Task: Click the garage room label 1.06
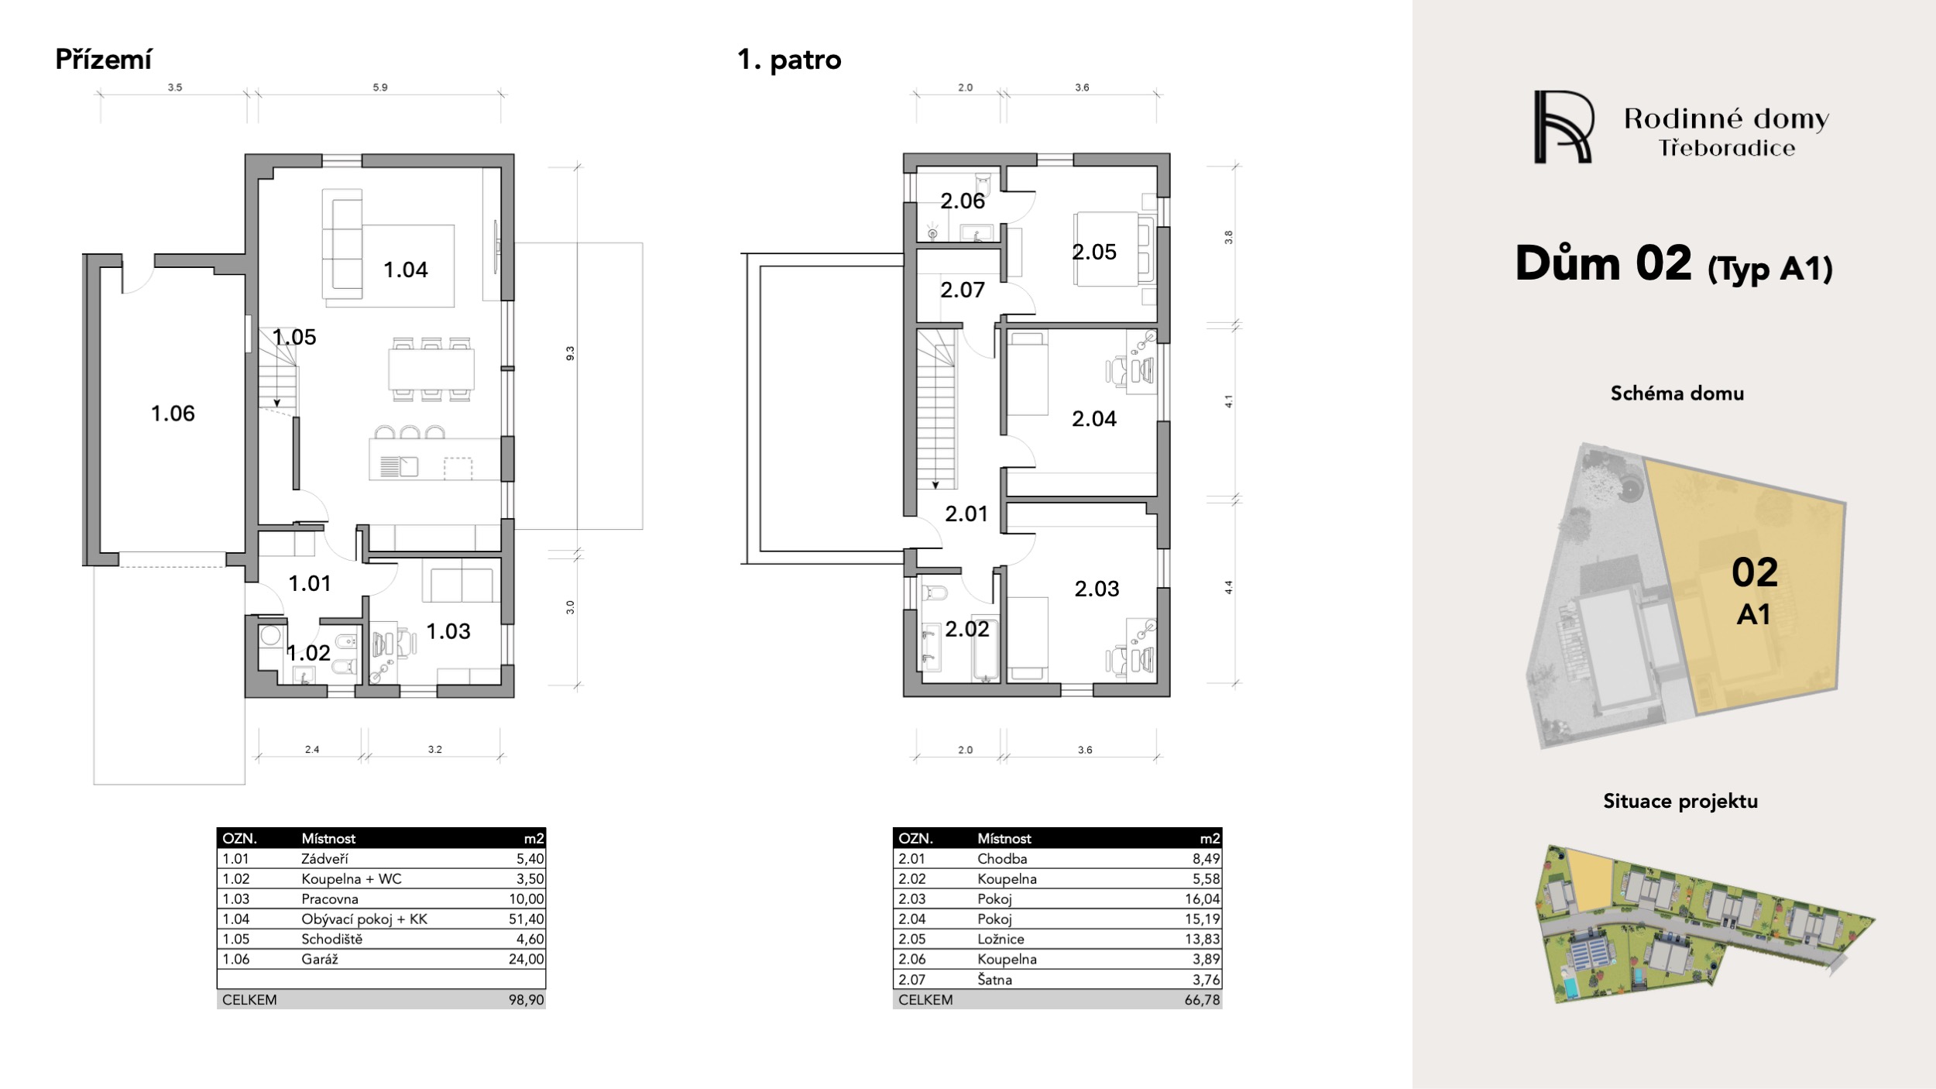click(x=173, y=414)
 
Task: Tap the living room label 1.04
click(x=406, y=270)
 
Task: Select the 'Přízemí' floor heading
click(x=104, y=60)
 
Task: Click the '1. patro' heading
click(x=789, y=60)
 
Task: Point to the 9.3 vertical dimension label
click(x=570, y=353)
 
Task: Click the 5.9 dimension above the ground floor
click(x=380, y=88)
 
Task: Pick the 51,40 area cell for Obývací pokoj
click(x=527, y=919)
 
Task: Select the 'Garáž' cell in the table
click(x=320, y=960)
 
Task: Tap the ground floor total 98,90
click(x=527, y=1000)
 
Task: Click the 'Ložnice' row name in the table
click(x=1001, y=940)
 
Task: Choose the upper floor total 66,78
click(x=1203, y=1000)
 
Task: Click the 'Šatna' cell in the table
click(x=995, y=980)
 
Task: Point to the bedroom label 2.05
click(x=1094, y=252)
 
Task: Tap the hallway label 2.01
click(x=966, y=514)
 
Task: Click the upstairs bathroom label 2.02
click(x=967, y=629)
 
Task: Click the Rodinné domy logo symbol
click(x=1564, y=127)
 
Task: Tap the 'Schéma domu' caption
click(x=1677, y=393)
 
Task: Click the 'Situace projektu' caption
click(x=1680, y=801)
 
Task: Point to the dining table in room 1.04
click(x=432, y=369)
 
